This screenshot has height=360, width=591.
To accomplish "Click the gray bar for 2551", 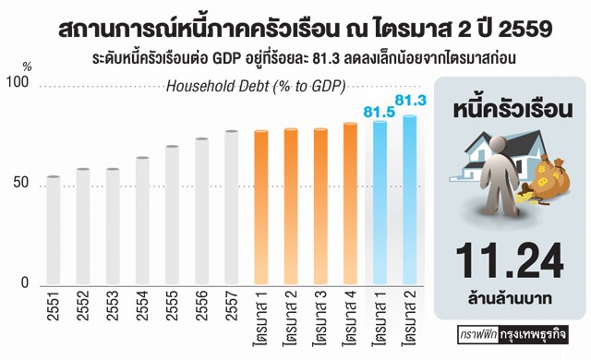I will (54, 231).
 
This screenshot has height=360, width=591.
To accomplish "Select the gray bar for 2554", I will (142, 222).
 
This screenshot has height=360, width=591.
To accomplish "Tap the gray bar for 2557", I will (231, 209).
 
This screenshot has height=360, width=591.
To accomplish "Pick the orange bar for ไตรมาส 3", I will (320, 208).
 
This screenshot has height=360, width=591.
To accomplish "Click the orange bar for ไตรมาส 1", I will (261, 209).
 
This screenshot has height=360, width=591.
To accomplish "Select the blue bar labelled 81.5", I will (380, 204).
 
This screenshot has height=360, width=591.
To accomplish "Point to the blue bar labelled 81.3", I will (409, 201).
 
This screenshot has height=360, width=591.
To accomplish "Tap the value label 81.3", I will (409, 100).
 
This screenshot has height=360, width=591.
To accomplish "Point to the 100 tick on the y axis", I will (19, 85).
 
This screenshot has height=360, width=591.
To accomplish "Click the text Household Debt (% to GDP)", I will (255, 88).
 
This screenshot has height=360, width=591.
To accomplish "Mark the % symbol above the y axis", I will (27, 66).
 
